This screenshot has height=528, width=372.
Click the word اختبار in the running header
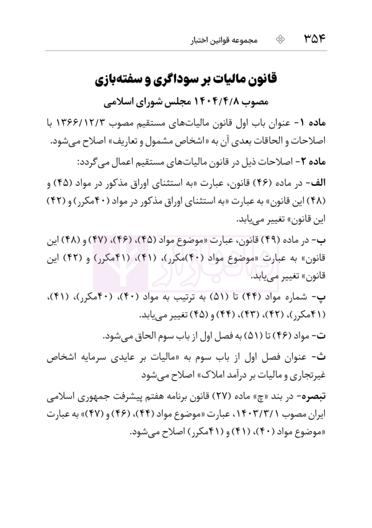click(201, 42)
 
